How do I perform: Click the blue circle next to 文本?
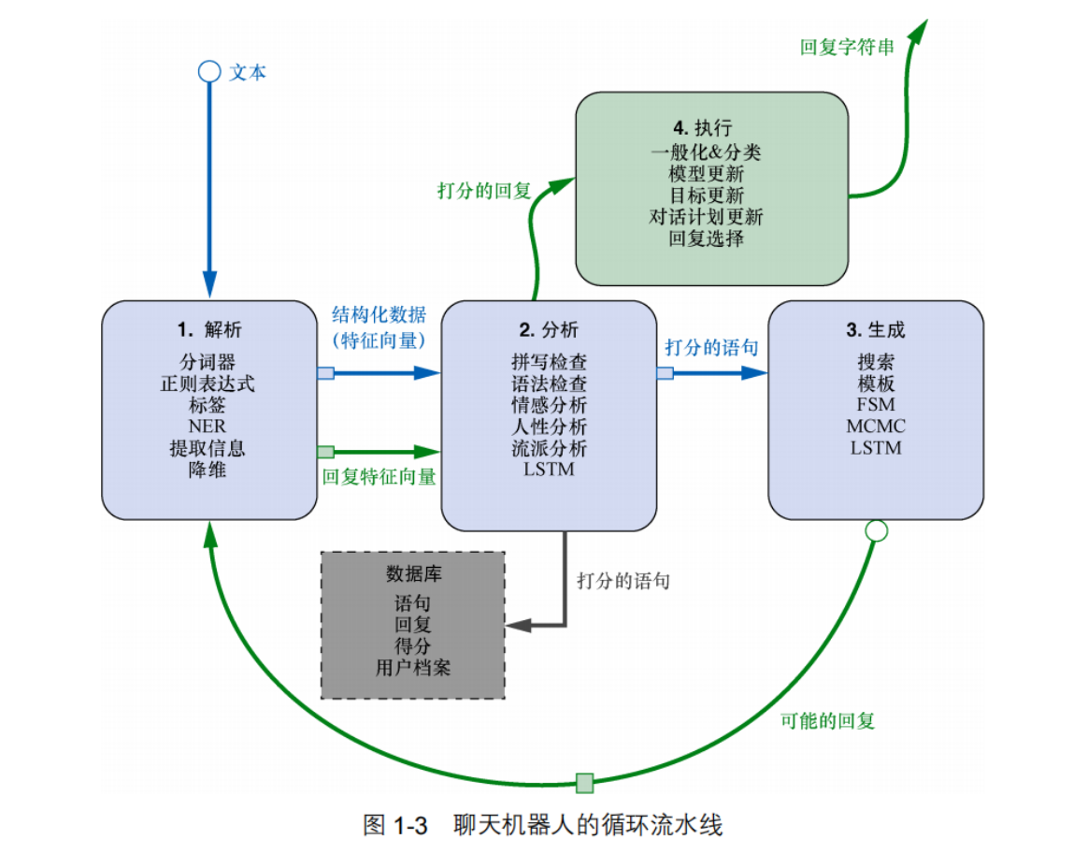coord(208,72)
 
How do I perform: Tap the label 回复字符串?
coord(847,47)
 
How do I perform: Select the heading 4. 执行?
coord(702,128)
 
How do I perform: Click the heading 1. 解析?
coord(209,329)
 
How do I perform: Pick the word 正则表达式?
coord(208,384)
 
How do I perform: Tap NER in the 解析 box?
coord(207,427)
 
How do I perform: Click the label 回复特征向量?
coord(379,476)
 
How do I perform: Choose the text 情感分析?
coord(550,405)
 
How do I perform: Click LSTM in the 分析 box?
coord(550,469)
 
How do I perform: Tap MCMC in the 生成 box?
coord(876,427)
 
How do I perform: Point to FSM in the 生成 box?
coord(876,405)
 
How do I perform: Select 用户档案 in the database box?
coord(413,667)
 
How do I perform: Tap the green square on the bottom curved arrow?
coord(584,782)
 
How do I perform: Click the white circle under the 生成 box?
coord(876,530)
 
